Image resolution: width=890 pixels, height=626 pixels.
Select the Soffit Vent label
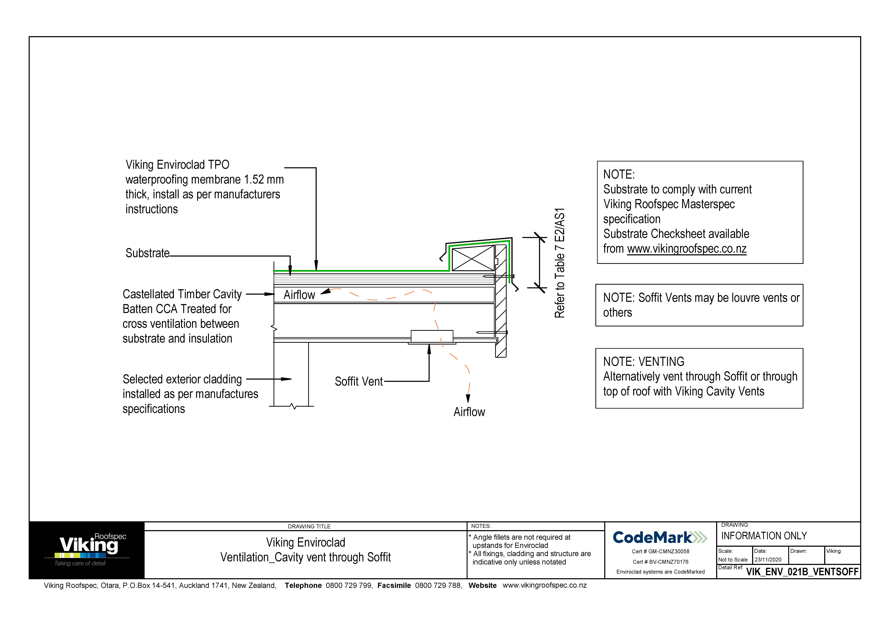359,382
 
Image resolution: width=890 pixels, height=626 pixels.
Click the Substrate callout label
147,253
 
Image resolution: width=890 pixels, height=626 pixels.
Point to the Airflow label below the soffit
469,412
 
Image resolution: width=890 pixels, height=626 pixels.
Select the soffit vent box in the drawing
432,336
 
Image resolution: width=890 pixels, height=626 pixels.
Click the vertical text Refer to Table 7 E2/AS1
559,263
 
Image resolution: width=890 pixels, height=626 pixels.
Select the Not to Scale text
733,560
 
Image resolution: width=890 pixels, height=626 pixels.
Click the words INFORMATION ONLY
764,536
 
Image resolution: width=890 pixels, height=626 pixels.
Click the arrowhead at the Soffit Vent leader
429,349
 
